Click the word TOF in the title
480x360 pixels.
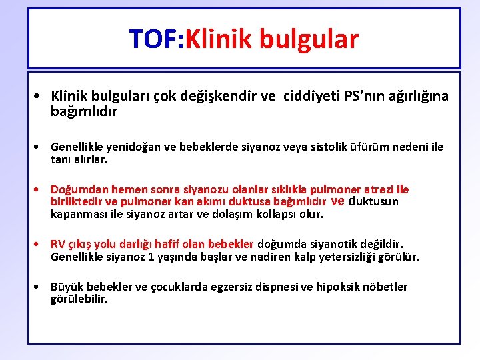point(153,39)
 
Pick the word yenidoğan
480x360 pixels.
point(125,147)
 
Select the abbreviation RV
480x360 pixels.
point(59,244)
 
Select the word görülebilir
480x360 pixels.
point(79,299)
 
